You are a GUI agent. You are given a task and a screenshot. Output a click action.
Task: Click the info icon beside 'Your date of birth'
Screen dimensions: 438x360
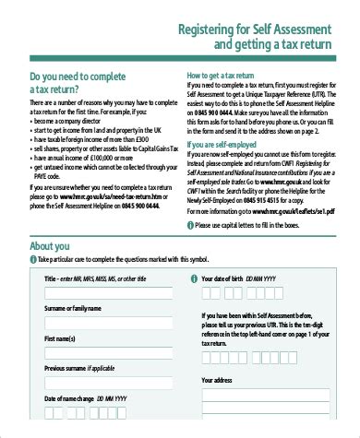point(190,278)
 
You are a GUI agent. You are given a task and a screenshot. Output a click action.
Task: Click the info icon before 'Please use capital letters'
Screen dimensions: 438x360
point(190,223)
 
